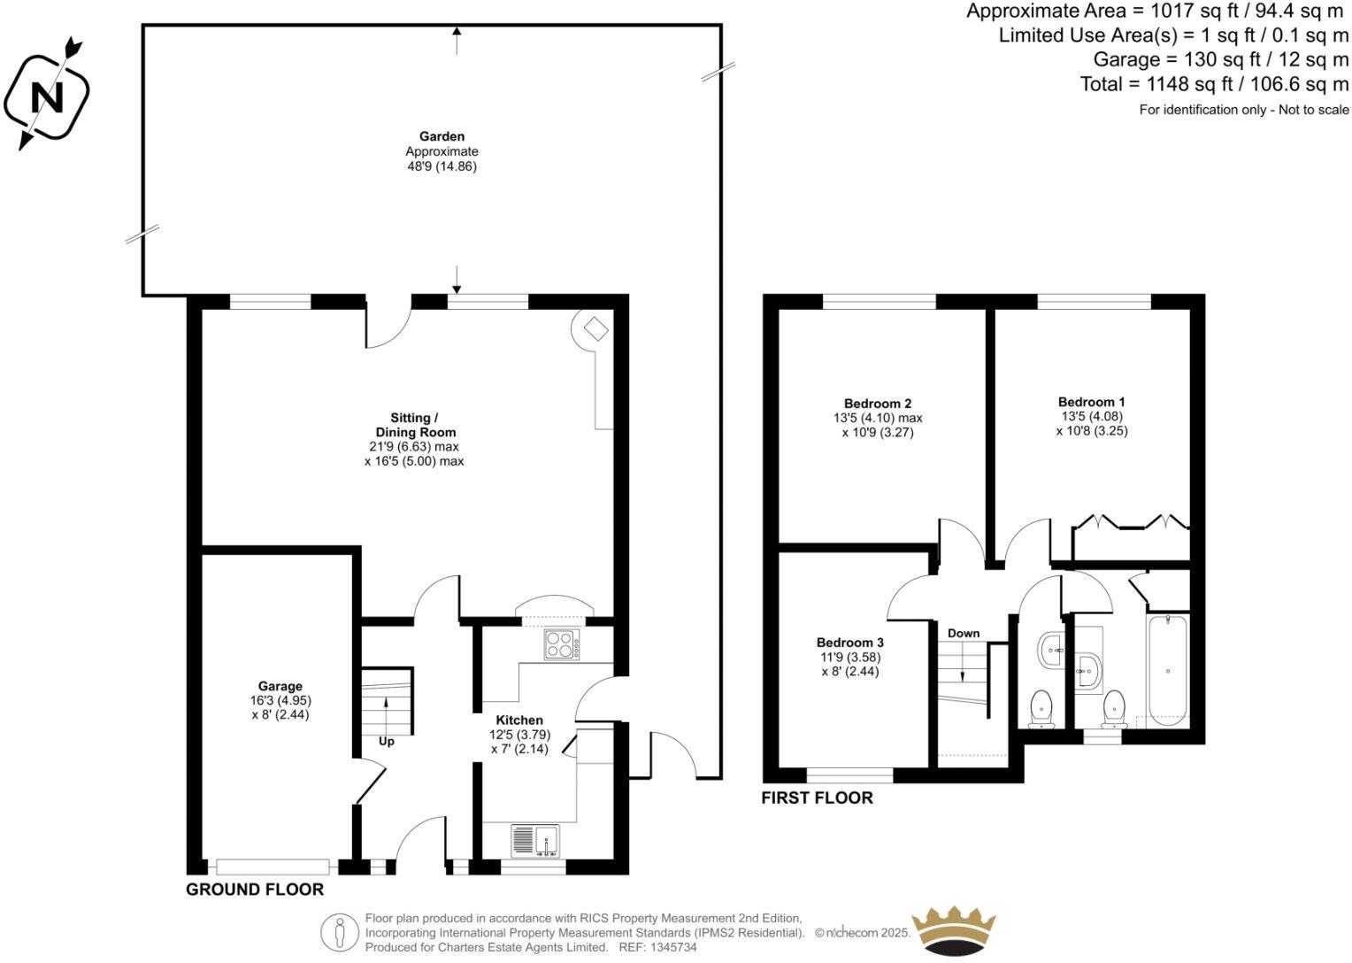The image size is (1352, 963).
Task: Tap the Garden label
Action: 442,136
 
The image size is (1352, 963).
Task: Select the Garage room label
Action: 280,686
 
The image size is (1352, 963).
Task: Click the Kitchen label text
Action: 519,720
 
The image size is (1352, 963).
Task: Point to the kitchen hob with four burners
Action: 561,644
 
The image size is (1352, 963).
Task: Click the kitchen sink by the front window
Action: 534,840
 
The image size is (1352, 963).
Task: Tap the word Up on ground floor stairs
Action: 387,741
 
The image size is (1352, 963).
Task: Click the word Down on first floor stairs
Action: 964,633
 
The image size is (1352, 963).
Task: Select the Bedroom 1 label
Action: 1091,402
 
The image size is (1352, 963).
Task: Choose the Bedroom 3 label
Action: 849,643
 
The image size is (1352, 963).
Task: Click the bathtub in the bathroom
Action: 1168,672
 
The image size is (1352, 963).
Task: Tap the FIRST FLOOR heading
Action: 817,797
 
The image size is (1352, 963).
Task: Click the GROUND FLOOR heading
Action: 254,889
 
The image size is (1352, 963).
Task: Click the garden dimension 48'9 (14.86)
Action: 442,166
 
